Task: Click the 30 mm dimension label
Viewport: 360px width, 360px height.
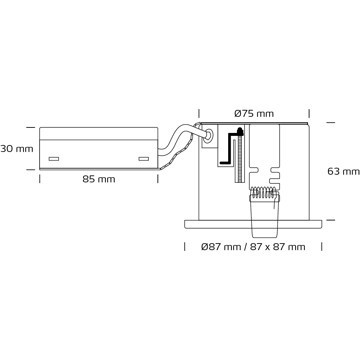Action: coord(17,149)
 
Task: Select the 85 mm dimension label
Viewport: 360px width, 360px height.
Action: coord(99,179)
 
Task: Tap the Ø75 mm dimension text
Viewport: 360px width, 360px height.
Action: coord(254,114)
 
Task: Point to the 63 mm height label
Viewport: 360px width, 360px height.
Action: coord(344,172)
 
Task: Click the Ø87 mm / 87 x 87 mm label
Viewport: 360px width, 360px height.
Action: coord(253,247)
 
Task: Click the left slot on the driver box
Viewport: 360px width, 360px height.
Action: coord(54,159)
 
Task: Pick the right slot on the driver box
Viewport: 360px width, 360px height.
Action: coord(144,159)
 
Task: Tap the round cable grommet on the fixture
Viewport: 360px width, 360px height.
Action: coord(209,136)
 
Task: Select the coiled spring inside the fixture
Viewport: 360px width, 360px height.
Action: coord(265,192)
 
